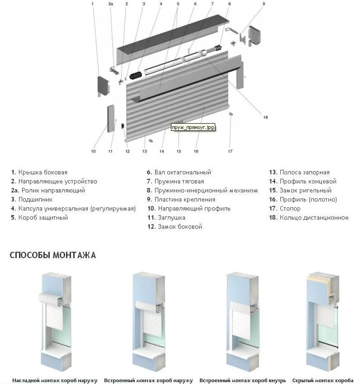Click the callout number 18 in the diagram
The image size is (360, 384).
265,117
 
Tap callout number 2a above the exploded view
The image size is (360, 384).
111,4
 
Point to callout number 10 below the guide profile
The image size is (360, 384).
93,151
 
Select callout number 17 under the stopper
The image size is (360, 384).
230,151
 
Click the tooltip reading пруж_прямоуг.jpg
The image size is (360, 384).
192,128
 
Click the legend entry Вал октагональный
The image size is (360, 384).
179,173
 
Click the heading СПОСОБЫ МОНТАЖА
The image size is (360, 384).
53,255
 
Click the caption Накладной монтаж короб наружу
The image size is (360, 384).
55,380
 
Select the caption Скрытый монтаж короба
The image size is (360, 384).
323,380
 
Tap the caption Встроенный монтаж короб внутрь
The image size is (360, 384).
242,380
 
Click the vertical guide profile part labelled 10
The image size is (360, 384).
110,118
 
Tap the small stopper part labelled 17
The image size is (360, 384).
231,114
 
